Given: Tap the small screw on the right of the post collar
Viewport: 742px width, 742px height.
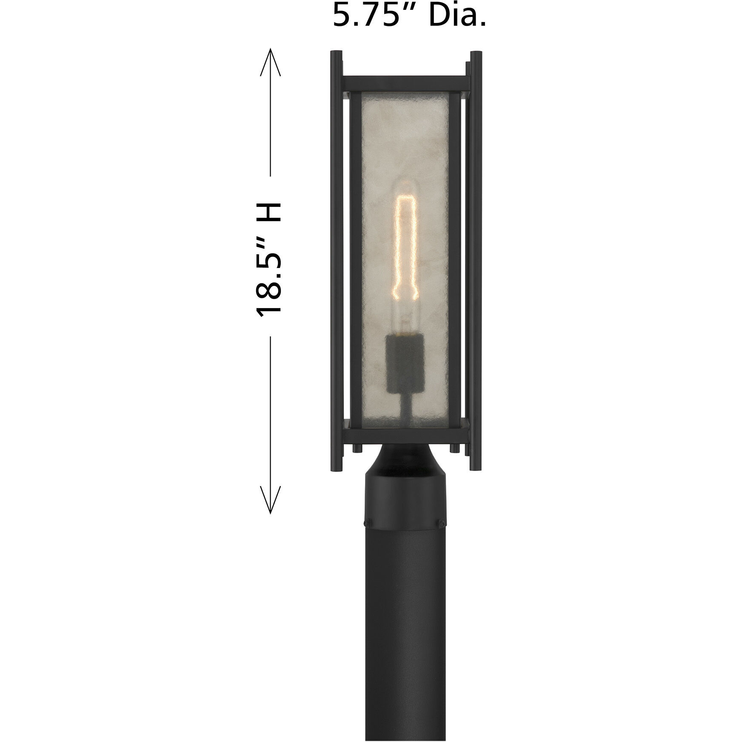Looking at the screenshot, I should tap(442, 521).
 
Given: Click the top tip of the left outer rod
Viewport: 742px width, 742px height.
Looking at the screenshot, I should tap(336, 53).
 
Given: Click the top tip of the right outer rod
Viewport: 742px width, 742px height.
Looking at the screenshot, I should tap(477, 53).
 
